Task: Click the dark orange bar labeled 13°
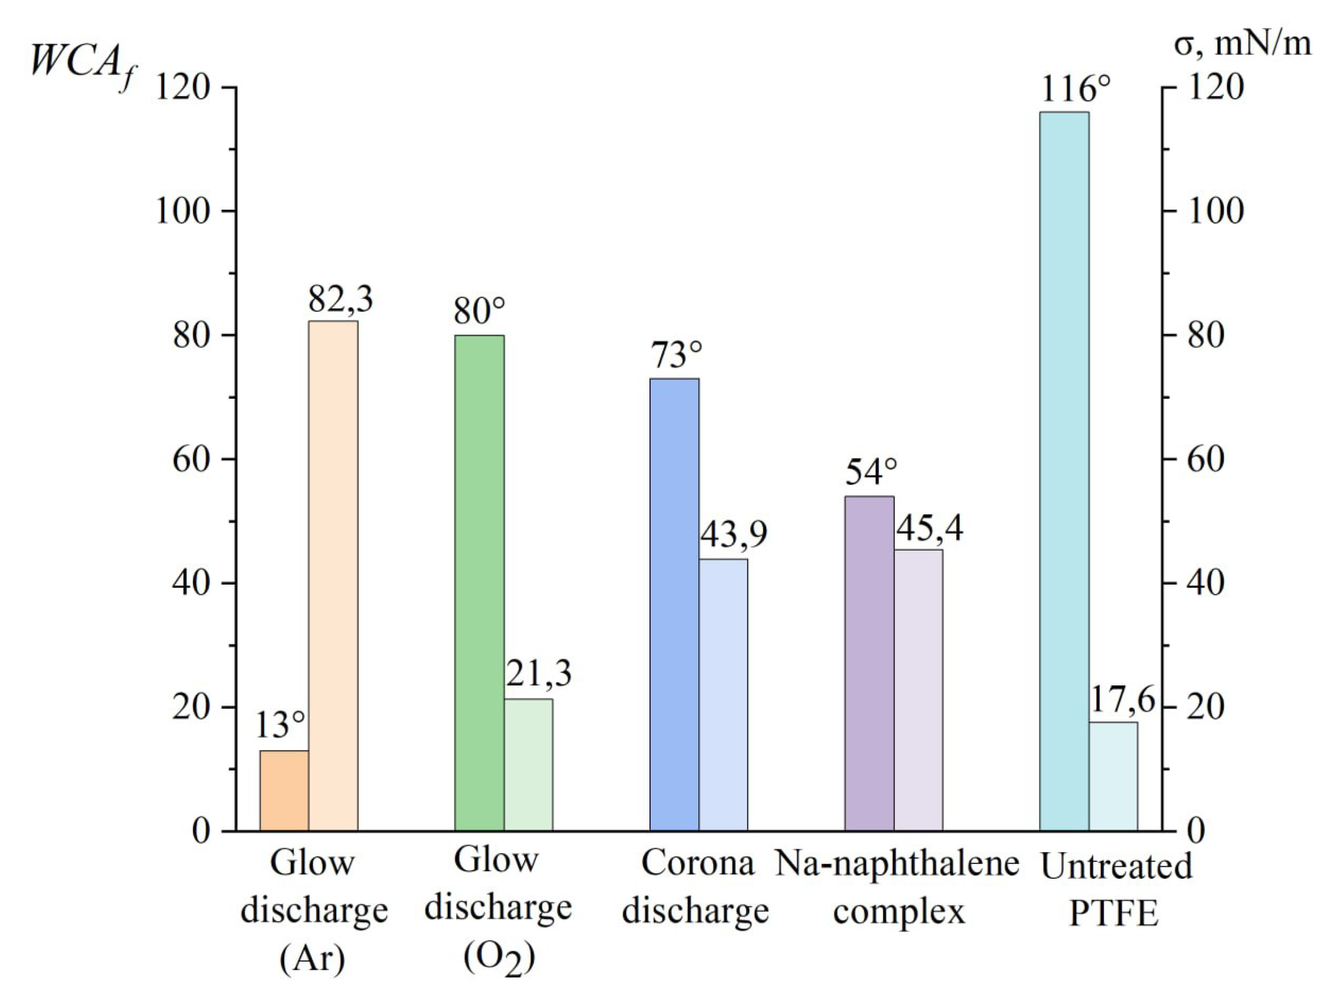click(x=284, y=791)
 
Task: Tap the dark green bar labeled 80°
click(x=479, y=582)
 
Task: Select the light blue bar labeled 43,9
click(x=723, y=694)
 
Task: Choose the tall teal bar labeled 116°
click(x=1065, y=471)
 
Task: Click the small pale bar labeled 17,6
click(x=1113, y=776)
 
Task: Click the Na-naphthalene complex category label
click(x=898, y=887)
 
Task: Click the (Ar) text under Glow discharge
click(x=313, y=958)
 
